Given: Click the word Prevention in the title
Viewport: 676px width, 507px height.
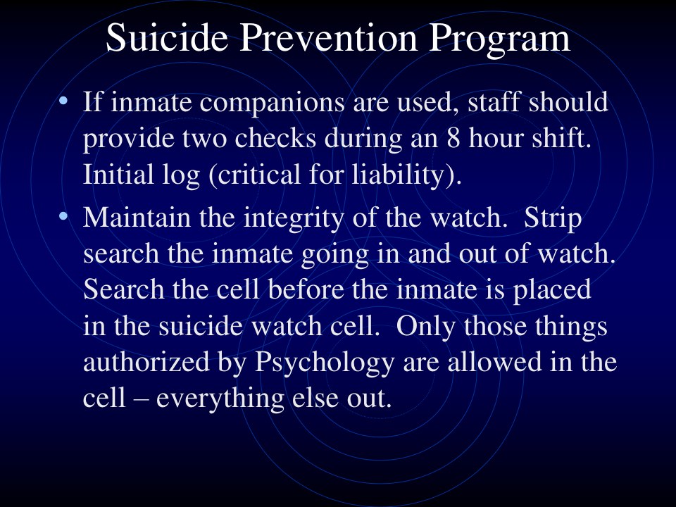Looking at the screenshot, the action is pyautogui.click(x=330, y=38).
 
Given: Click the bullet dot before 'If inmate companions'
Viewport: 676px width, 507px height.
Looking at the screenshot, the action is pyautogui.click(x=63, y=101).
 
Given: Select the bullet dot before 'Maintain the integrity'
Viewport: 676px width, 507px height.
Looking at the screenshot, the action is pyautogui.click(x=63, y=216).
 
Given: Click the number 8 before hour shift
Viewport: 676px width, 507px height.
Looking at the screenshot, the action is pyautogui.click(x=453, y=139).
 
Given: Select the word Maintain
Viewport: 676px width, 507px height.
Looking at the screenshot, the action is pyautogui.click(x=137, y=217).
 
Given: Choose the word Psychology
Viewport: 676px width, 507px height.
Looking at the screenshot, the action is pyautogui.click(x=325, y=363).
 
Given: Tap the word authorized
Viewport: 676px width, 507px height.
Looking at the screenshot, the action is pyautogui.click(x=146, y=361).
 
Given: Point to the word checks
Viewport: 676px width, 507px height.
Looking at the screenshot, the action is pyautogui.click(x=275, y=139).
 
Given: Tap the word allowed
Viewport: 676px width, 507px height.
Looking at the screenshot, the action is pyautogui.click(x=494, y=361).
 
